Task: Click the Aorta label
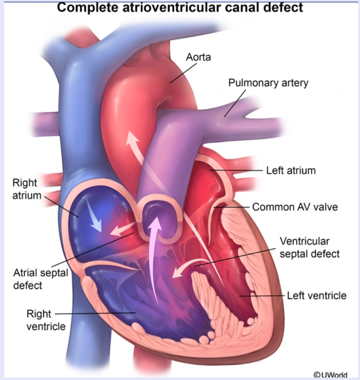[x=198, y=56]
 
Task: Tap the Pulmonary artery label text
[x=268, y=82]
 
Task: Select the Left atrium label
[x=291, y=170]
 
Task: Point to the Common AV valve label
[x=295, y=206]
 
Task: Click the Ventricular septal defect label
[x=310, y=247]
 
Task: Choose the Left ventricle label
[x=316, y=296]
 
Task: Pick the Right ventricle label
[x=46, y=320]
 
